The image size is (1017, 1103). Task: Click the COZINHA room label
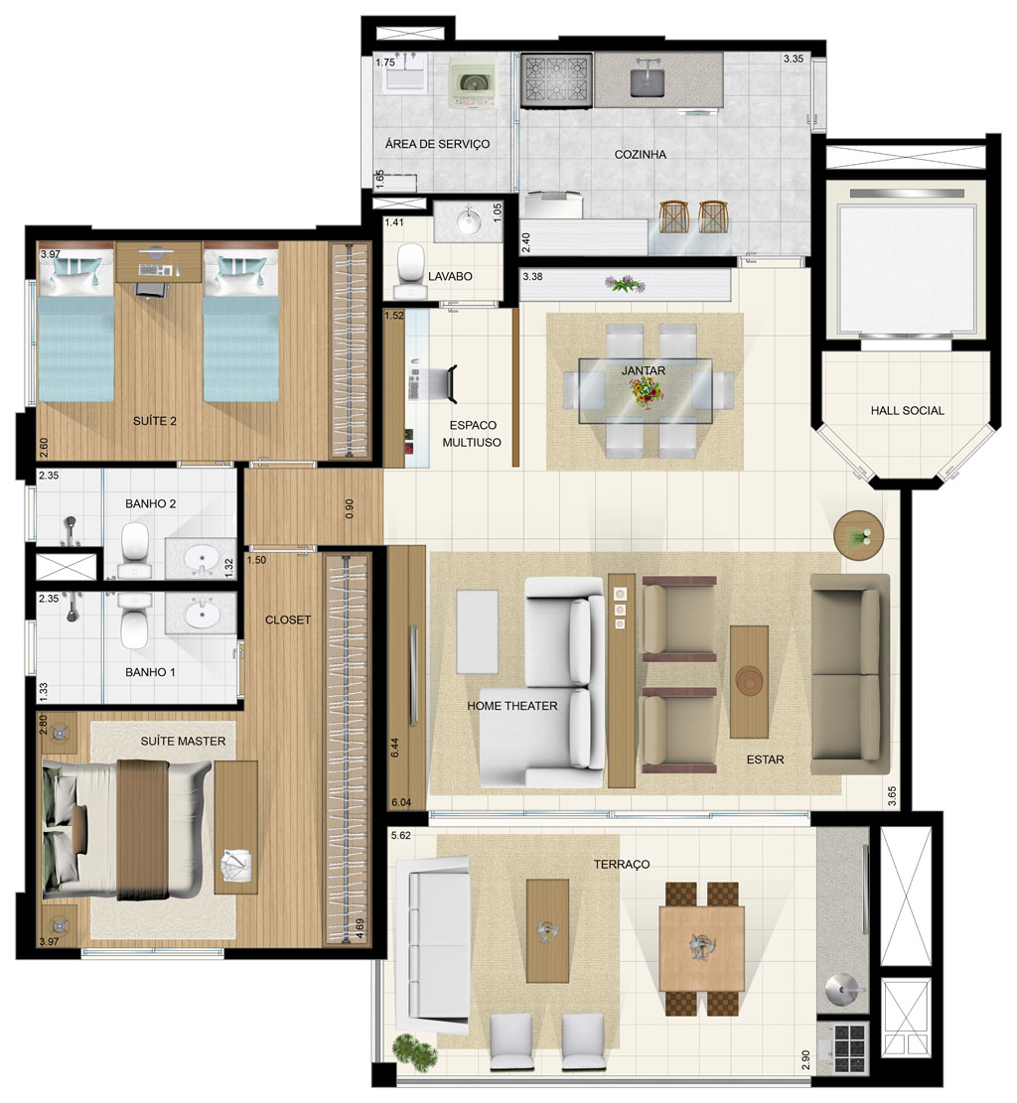point(640,154)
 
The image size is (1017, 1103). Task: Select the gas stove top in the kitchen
point(556,80)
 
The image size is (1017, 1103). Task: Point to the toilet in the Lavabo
point(407,271)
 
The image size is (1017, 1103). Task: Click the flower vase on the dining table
point(647,392)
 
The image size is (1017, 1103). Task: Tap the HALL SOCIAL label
point(907,410)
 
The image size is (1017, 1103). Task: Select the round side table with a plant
point(858,534)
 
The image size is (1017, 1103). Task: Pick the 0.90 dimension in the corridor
point(350,508)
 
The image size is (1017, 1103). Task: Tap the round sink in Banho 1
point(202,615)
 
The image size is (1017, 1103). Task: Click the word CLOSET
point(288,620)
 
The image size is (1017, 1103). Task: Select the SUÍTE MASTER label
point(183,741)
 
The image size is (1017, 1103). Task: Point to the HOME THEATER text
point(512,706)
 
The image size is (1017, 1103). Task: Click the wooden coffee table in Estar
point(749,682)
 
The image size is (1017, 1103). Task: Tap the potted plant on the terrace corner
point(415,1051)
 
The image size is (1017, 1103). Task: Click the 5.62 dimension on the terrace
point(400,835)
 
